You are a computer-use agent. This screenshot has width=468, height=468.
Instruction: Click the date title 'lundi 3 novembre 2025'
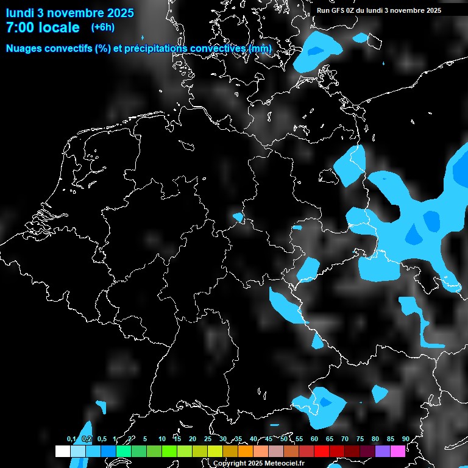click(x=69, y=12)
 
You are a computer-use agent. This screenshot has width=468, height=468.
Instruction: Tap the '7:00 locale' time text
click(x=43, y=27)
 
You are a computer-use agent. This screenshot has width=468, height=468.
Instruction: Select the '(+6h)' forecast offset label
click(x=102, y=27)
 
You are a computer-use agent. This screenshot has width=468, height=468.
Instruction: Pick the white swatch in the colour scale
click(x=63, y=451)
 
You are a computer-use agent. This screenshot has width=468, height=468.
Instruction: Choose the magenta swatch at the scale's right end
click(x=398, y=451)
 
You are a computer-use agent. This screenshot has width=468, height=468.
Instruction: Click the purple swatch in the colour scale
click(x=383, y=451)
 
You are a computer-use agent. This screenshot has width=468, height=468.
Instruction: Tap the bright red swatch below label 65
click(x=337, y=451)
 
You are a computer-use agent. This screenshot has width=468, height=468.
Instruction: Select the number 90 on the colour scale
click(x=406, y=439)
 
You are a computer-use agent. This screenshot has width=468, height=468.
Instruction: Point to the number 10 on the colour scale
click(x=161, y=439)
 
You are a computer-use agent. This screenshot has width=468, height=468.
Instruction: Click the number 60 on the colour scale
click(x=314, y=439)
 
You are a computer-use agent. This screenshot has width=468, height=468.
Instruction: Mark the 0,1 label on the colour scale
click(x=71, y=439)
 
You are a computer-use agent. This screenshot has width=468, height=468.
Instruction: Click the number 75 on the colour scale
click(x=360, y=439)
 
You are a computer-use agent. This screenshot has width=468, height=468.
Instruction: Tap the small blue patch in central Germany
click(x=238, y=216)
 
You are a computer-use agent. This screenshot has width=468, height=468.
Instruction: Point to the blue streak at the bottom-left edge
click(x=82, y=445)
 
